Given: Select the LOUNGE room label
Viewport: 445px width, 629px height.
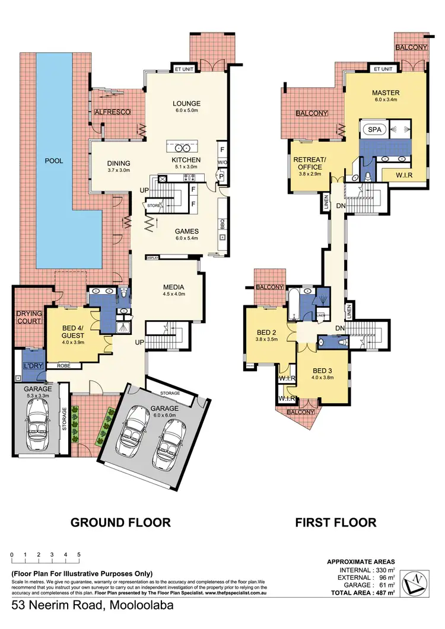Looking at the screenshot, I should point(186,103).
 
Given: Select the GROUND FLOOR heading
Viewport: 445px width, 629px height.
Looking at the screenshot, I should point(120,522).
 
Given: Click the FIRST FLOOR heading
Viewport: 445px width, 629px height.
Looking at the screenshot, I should point(336,522).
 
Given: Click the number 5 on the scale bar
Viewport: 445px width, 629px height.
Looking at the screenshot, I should point(78,554).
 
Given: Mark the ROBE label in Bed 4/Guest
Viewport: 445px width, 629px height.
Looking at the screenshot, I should point(63,366).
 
